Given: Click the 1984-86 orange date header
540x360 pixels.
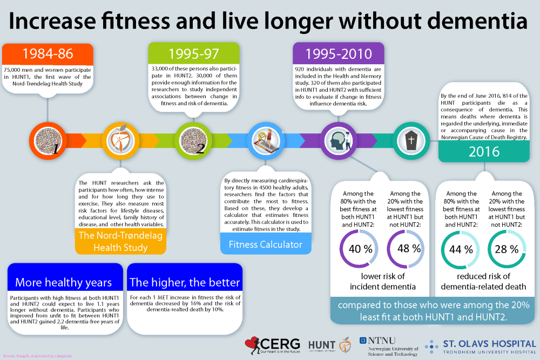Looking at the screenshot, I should click(x=48, y=54).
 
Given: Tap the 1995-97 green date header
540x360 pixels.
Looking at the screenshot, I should click(x=193, y=54).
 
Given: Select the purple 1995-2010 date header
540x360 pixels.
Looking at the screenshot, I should click(x=339, y=54).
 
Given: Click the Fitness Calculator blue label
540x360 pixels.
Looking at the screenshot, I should click(x=265, y=244).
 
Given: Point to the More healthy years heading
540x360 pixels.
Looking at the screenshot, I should click(x=63, y=282).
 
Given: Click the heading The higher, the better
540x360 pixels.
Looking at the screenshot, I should click(x=184, y=282).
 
